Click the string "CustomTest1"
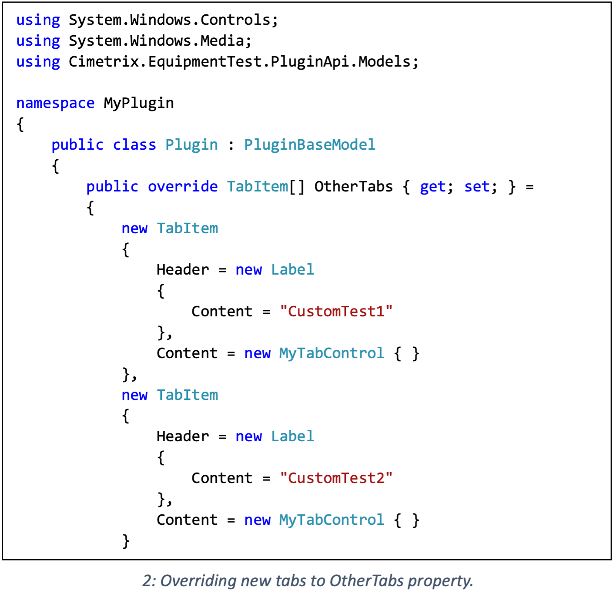[336, 311]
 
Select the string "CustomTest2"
[336, 478]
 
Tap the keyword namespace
[55, 103]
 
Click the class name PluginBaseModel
[309, 144]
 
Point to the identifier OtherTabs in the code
[353, 186]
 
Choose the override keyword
[183, 186]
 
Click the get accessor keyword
[433, 186]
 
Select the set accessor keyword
[477, 186]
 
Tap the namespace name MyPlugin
[139, 103]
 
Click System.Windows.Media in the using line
[157, 41]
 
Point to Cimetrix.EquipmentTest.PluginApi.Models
[240, 62]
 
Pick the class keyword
[134, 144]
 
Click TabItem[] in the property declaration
[265, 186]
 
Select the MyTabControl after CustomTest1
[331, 353]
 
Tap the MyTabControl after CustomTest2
[331, 520]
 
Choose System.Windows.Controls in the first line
[170, 20]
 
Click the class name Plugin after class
[191, 144]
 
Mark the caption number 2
[148, 581]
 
